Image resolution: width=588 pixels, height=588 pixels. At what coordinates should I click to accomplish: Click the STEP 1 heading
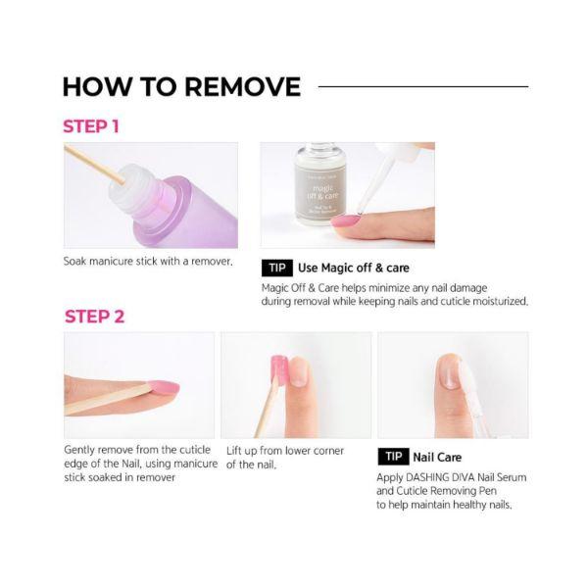pyautogui.click(x=91, y=126)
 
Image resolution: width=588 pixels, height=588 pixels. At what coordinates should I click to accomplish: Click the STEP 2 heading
pyautogui.click(x=94, y=317)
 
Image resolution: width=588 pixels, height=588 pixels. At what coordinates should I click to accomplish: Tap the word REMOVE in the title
pyautogui.click(x=243, y=87)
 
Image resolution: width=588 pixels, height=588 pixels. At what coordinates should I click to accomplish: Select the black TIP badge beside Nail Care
pyautogui.click(x=393, y=457)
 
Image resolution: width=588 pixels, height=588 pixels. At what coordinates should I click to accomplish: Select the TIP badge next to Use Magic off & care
pyautogui.click(x=277, y=268)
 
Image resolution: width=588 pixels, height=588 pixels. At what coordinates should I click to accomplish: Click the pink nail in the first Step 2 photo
pyautogui.click(x=164, y=388)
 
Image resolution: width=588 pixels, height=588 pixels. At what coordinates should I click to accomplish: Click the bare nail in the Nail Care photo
pyautogui.click(x=449, y=372)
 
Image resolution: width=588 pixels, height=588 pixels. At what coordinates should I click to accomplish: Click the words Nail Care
pyautogui.click(x=437, y=457)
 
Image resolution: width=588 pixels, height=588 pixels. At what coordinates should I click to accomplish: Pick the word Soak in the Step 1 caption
pyautogui.click(x=75, y=261)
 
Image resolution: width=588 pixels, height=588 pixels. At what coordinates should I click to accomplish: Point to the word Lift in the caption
pyautogui.click(x=233, y=451)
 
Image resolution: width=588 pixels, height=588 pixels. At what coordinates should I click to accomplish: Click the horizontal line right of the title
pyautogui.click(x=423, y=86)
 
